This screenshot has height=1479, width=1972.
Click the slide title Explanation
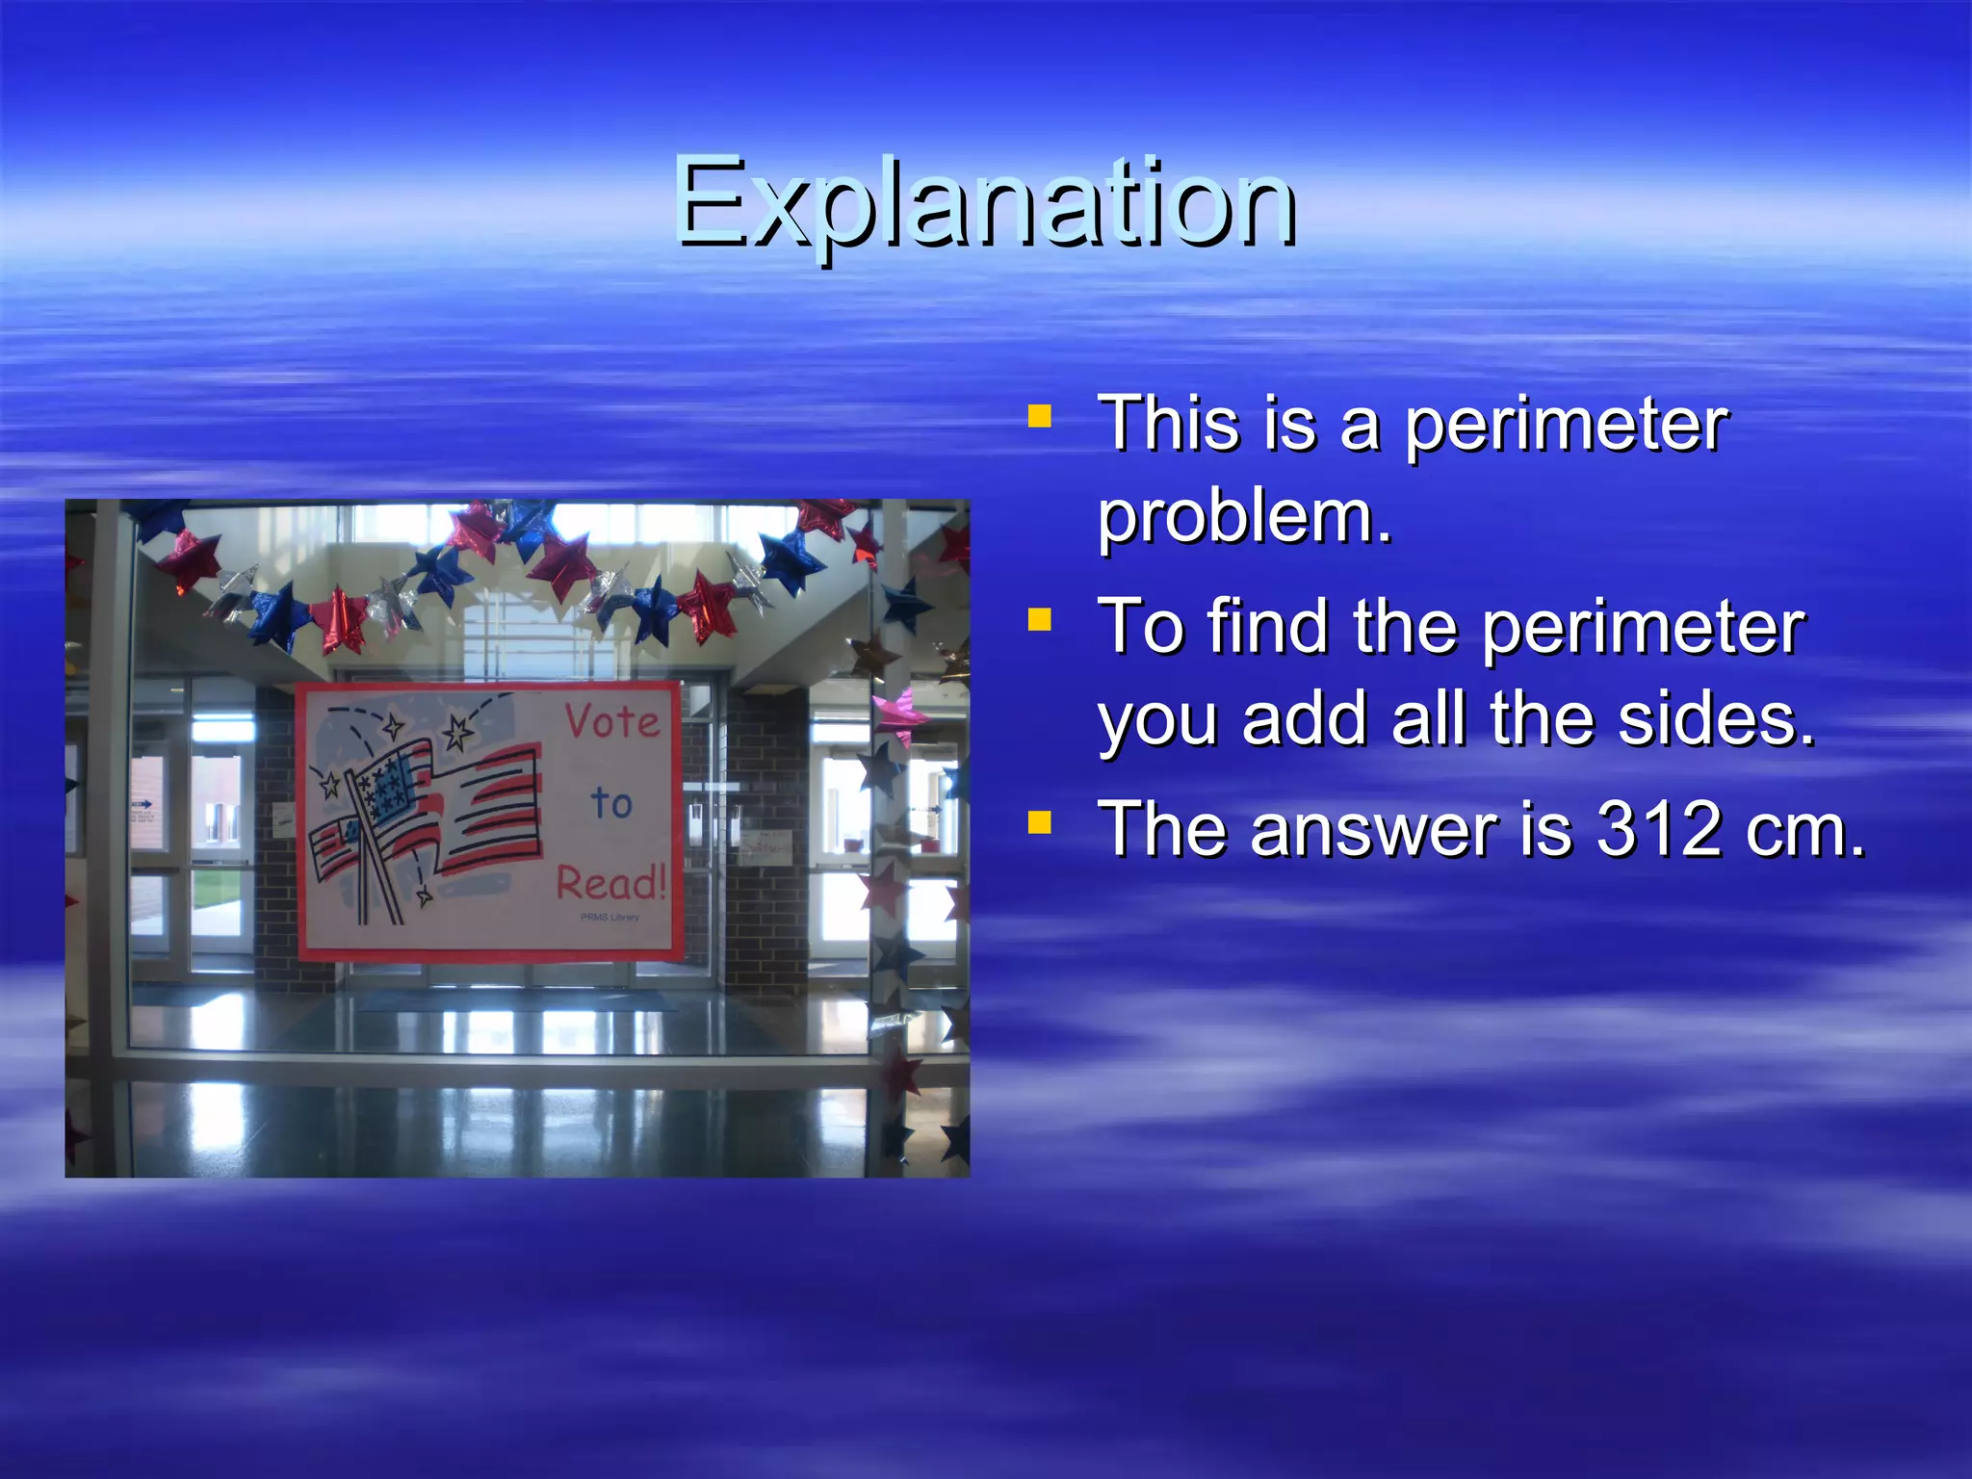(x=986, y=204)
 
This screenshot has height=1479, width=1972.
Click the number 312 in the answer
(x=1658, y=829)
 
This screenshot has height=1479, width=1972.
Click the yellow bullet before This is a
(x=1039, y=416)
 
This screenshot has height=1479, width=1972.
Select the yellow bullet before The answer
(x=1039, y=822)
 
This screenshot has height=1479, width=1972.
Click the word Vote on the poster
(x=612, y=720)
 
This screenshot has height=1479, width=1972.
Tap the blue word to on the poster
(x=611, y=802)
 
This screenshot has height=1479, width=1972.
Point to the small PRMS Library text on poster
(x=610, y=918)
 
